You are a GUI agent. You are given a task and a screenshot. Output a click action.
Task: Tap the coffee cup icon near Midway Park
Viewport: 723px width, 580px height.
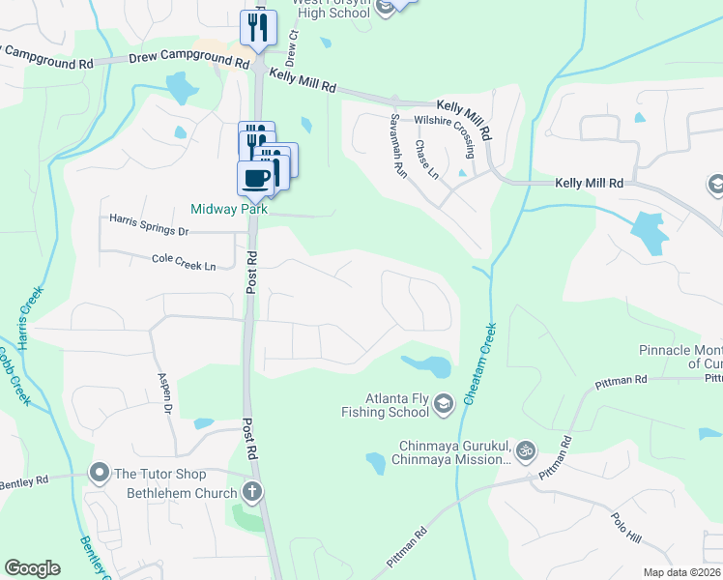[257, 178]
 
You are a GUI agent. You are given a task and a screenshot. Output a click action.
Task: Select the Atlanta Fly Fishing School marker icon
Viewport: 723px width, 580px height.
[444, 403]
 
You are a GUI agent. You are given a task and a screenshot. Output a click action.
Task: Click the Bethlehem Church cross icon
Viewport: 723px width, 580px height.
[252, 492]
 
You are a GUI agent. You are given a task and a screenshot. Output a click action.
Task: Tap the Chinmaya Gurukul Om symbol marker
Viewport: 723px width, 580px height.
[526, 450]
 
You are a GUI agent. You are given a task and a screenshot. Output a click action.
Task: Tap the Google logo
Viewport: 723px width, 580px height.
[32, 568]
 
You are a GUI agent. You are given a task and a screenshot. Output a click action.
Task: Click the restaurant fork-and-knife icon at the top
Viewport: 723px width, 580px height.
[258, 26]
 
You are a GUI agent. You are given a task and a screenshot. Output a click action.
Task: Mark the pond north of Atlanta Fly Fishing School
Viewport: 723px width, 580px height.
[427, 365]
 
